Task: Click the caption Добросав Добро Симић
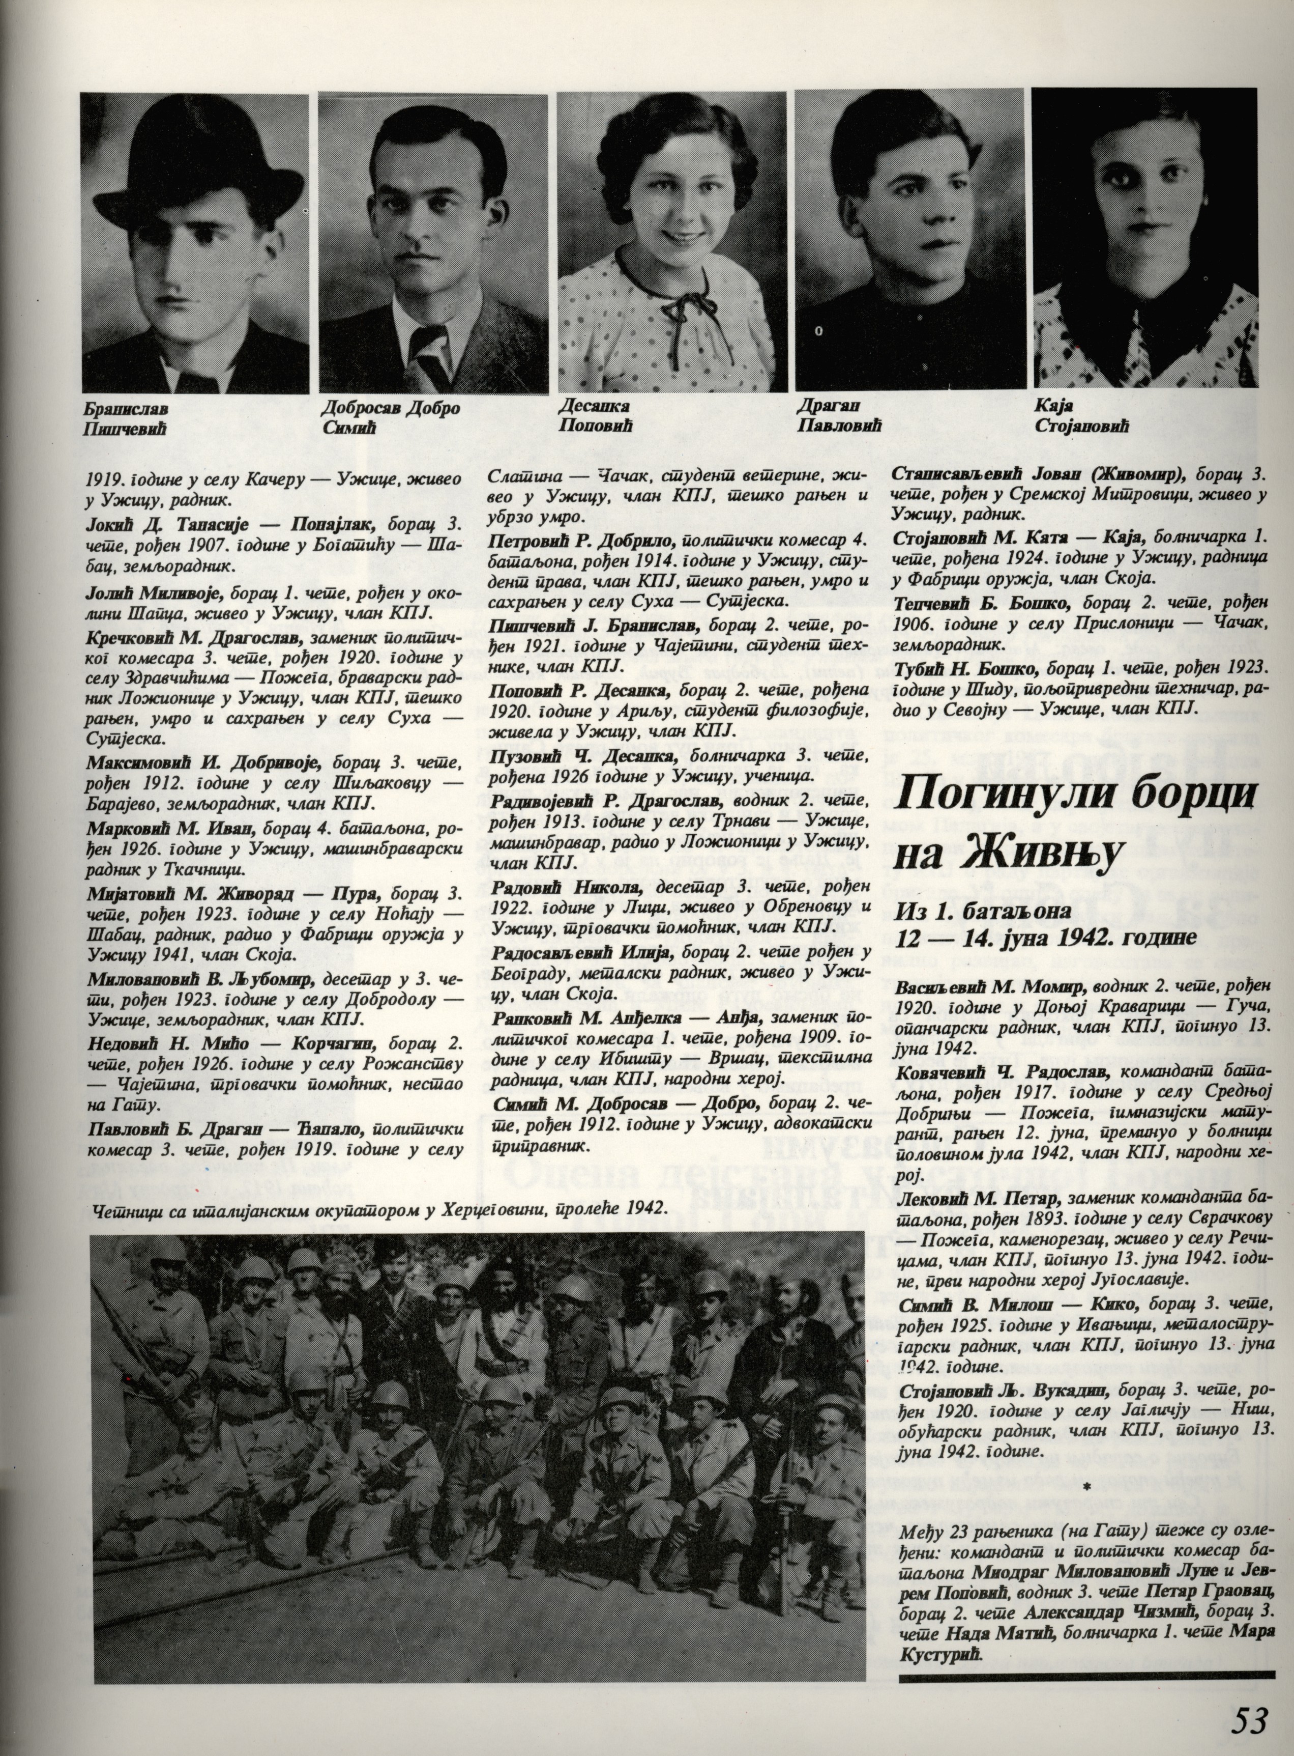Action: pyautogui.click(x=390, y=418)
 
